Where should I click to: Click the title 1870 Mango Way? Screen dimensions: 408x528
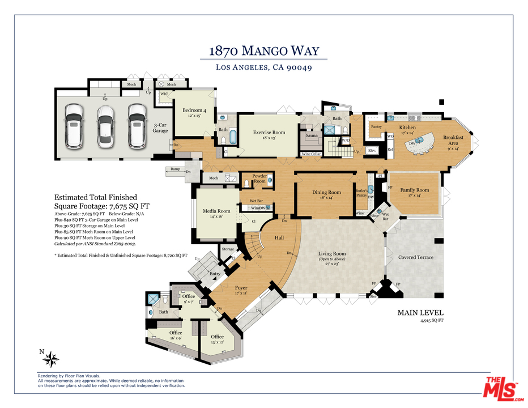click(x=264, y=50)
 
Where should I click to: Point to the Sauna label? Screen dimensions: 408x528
click(x=311, y=136)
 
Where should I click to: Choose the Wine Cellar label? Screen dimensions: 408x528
click(x=311, y=154)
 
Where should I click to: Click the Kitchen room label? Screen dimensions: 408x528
click(x=407, y=127)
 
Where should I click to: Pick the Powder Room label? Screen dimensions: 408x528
click(x=259, y=178)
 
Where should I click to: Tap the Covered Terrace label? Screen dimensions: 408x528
click(x=415, y=257)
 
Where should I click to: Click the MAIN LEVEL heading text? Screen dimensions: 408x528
click(x=420, y=312)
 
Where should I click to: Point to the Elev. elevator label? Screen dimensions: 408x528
click(x=372, y=150)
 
